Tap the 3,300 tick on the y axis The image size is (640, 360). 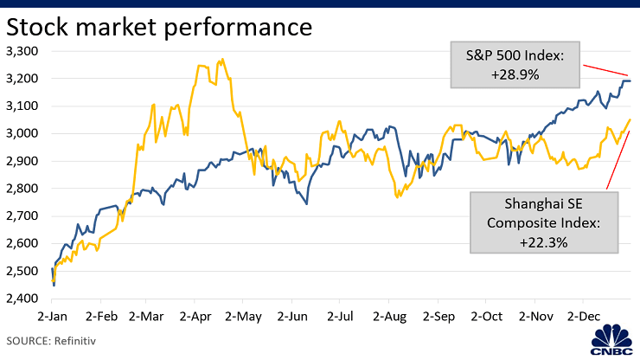22,51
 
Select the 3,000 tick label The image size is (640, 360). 22,133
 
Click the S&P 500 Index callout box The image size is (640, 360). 516,65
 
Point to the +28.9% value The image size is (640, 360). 516,74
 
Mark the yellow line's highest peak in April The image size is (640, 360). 223,60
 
